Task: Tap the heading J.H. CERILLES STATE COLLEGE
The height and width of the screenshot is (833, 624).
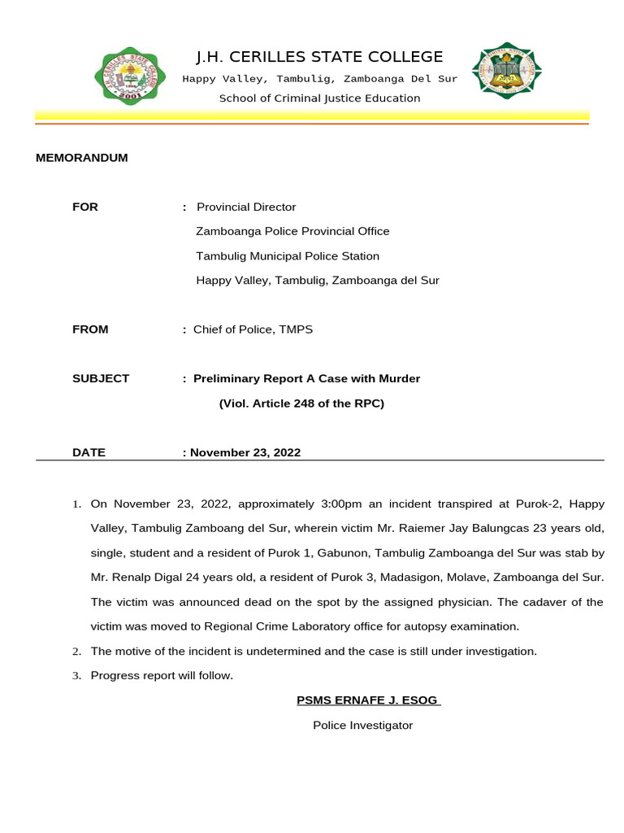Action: click(x=319, y=57)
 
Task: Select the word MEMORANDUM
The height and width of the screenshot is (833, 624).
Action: click(x=82, y=158)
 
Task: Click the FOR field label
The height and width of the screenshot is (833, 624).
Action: click(x=85, y=207)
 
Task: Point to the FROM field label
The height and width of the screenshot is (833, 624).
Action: click(x=90, y=329)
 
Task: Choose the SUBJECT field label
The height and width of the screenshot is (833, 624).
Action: click(x=101, y=378)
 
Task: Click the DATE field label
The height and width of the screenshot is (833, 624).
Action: click(x=89, y=452)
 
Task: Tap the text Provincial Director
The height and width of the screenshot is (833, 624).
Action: click(x=246, y=207)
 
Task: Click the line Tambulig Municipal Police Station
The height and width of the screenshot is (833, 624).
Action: click(x=288, y=256)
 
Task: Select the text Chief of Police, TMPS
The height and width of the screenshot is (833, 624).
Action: click(x=253, y=329)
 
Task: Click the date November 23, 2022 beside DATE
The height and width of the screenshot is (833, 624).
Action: click(x=245, y=452)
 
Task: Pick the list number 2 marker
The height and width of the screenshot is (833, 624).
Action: click(x=76, y=652)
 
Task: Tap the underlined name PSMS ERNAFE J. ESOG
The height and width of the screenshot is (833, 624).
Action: click(x=368, y=700)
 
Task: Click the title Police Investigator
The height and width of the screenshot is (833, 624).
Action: click(x=363, y=725)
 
